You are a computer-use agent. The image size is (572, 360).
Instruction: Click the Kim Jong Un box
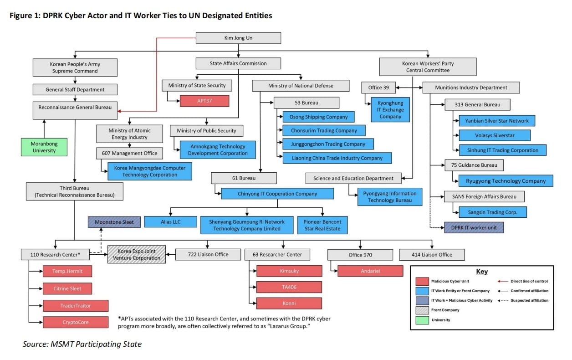coord(238,38)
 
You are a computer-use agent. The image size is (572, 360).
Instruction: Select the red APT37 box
coord(204,101)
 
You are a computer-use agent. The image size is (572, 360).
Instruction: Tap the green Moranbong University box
coord(44,147)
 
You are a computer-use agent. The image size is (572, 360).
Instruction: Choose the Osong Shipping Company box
coord(318,117)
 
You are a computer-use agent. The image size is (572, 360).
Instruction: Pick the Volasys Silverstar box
coord(495,135)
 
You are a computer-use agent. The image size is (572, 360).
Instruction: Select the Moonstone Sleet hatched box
coord(114,222)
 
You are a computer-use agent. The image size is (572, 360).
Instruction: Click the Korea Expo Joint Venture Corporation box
coord(137,254)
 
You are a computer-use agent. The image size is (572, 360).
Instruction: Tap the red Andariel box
coord(370,271)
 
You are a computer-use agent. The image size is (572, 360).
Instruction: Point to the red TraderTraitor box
coord(76,305)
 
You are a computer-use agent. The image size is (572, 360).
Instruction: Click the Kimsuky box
coord(289,271)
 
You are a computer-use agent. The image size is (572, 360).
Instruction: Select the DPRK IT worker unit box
coord(474,227)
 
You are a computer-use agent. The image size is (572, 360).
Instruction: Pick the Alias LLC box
coord(170,221)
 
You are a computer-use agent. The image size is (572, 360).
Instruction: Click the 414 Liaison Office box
coord(432,254)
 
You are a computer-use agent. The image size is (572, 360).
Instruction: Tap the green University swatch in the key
coord(422,320)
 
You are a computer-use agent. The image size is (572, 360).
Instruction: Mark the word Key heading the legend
coord(481,272)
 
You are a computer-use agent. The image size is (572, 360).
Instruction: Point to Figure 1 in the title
coord(25,15)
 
